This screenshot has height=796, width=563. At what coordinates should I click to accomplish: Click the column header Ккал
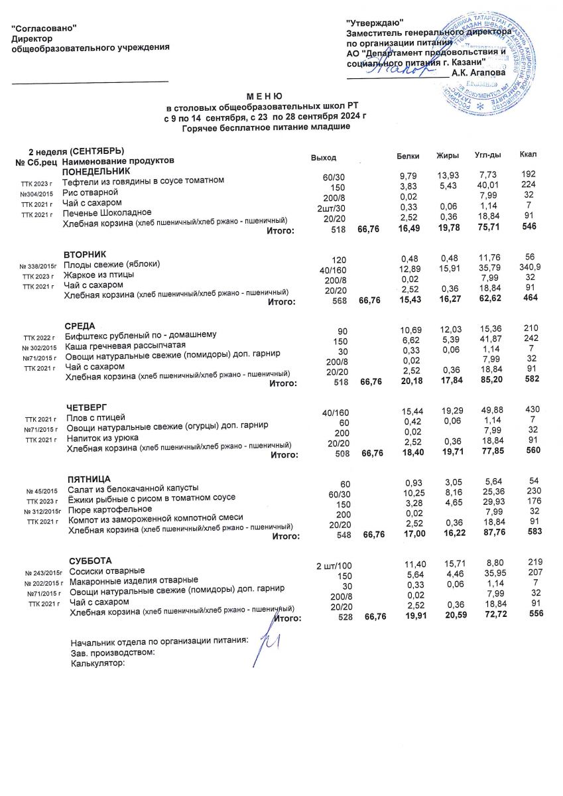click(529, 155)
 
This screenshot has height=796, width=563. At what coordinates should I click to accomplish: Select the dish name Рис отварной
click(90, 192)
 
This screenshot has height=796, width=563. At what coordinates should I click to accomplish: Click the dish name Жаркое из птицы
click(99, 275)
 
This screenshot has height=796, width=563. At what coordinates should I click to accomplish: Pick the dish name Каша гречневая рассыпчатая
click(125, 346)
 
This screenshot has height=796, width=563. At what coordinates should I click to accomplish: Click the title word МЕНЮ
click(265, 97)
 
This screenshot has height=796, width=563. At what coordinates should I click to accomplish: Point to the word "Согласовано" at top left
click(45, 27)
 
